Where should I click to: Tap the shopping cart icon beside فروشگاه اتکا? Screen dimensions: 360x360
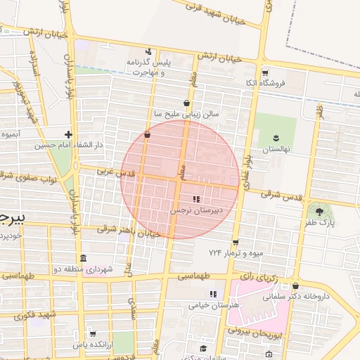coord(265,72)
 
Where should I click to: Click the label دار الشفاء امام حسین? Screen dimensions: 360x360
coord(70,145)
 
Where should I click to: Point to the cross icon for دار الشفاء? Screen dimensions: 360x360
coord(68,134)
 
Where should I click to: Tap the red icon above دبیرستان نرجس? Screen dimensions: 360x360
coord(196,200)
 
